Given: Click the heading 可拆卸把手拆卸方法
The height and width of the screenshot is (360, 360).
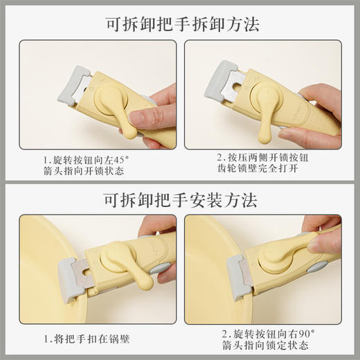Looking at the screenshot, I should click(180, 25).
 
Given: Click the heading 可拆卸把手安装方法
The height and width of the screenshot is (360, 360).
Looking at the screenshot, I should click(180, 201).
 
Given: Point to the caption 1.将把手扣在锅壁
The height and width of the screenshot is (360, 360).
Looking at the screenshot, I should click(86, 339).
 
